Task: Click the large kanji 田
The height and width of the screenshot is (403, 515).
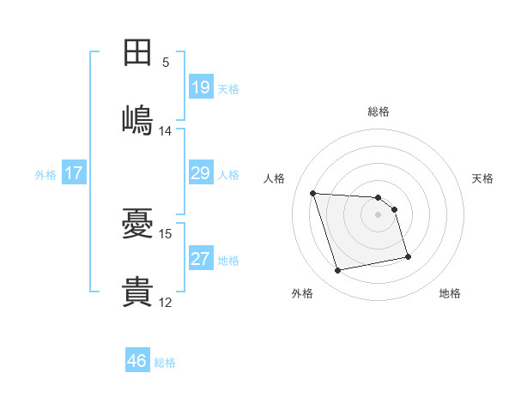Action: pyautogui.click(x=137, y=52)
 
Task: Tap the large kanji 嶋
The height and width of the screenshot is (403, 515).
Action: pyautogui.click(x=137, y=120)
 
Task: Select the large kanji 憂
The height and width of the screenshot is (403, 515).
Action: pyautogui.click(x=137, y=223)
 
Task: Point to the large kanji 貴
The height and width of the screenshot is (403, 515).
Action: pyautogui.click(x=137, y=292)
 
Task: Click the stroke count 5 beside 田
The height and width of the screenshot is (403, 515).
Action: pyautogui.click(x=166, y=63)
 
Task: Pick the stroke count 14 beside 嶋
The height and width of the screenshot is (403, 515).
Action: pyautogui.click(x=165, y=131)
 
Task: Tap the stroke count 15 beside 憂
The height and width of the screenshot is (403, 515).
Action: pyautogui.click(x=165, y=234)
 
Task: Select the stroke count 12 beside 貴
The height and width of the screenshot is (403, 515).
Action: pyautogui.click(x=165, y=303)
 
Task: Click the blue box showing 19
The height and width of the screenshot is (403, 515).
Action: pyautogui.click(x=201, y=87)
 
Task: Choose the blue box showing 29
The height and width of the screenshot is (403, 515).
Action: pyautogui.click(x=201, y=172)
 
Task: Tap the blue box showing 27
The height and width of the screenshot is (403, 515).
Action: pyautogui.click(x=201, y=257)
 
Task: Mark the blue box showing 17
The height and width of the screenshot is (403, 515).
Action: pyautogui.click(x=74, y=172)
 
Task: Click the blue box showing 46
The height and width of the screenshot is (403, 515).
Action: pyautogui.click(x=137, y=359)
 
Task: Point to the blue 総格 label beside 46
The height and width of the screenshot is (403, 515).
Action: pyautogui.click(x=165, y=363)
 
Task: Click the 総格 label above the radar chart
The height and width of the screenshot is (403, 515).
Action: pyautogui.click(x=379, y=112)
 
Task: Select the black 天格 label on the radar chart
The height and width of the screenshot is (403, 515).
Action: pyautogui.click(x=482, y=179)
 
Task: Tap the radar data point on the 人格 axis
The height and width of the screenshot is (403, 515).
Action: pyautogui.click(x=313, y=193)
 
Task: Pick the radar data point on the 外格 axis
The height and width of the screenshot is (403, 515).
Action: pyautogui.click(x=337, y=270)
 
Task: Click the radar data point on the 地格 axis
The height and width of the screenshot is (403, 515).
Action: pyautogui.click(x=408, y=256)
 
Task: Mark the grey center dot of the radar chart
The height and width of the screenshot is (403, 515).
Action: pyautogui.click(x=378, y=214)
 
